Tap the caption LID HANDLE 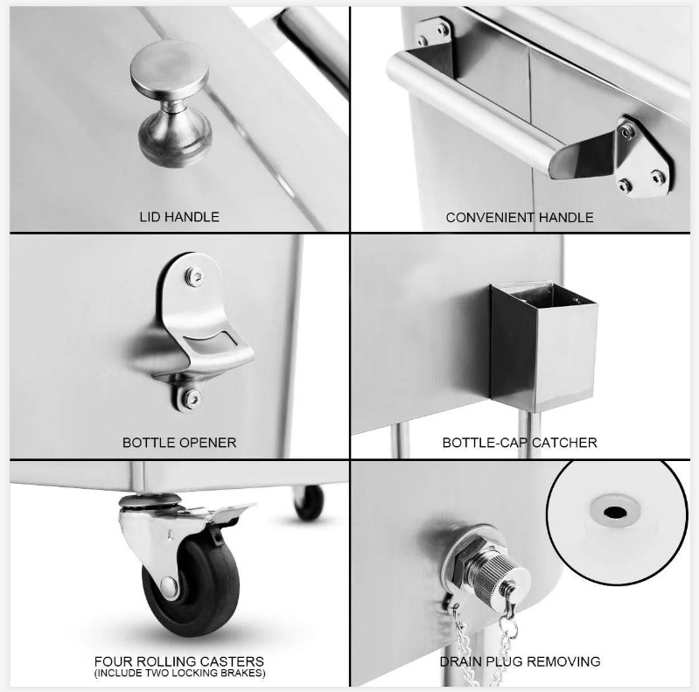click(x=179, y=217)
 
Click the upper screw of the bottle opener click(x=194, y=276)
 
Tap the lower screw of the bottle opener click(x=192, y=398)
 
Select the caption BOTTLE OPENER click(x=179, y=443)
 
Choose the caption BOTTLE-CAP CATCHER click(x=520, y=443)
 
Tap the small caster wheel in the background click(x=309, y=502)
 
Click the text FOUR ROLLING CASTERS click(x=179, y=661)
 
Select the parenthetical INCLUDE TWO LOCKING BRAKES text click(x=179, y=673)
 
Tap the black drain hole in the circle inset click(x=615, y=513)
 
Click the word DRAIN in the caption click(x=460, y=661)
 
